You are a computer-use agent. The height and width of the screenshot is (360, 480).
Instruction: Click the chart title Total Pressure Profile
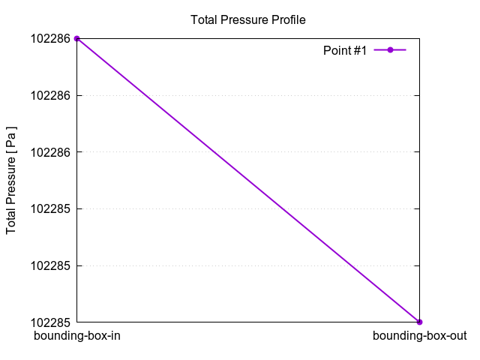pos(248,19)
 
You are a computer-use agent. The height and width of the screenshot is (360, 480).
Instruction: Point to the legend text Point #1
pos(344,50)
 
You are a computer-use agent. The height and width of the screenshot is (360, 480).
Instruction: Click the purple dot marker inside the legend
pos(390,50)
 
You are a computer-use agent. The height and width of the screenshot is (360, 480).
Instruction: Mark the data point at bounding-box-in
pos(77,38)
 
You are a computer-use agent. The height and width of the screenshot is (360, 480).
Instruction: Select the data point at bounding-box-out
pos(419,322)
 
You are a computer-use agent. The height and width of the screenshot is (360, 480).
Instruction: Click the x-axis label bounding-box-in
pos(77,336)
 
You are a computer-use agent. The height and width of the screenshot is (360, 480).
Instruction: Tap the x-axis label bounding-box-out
pos(419,336)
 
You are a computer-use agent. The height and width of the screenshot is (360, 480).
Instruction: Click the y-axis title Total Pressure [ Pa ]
pos(12,180)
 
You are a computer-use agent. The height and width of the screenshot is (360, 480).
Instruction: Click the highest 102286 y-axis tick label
pos(50,38)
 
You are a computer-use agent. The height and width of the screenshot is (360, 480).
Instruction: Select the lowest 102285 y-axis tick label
pos(50,322)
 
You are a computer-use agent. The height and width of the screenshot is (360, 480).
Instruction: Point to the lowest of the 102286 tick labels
pos(50,152)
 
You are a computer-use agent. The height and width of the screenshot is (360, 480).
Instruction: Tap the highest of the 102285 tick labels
pos(50,208)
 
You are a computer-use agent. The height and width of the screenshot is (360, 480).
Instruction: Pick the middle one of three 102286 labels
pos(50,95)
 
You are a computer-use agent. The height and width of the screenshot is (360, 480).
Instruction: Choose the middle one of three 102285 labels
pos(50,265)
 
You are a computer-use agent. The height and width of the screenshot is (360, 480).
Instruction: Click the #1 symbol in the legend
pos(359,50)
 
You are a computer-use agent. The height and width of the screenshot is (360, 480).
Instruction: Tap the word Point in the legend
pos(336,50)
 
